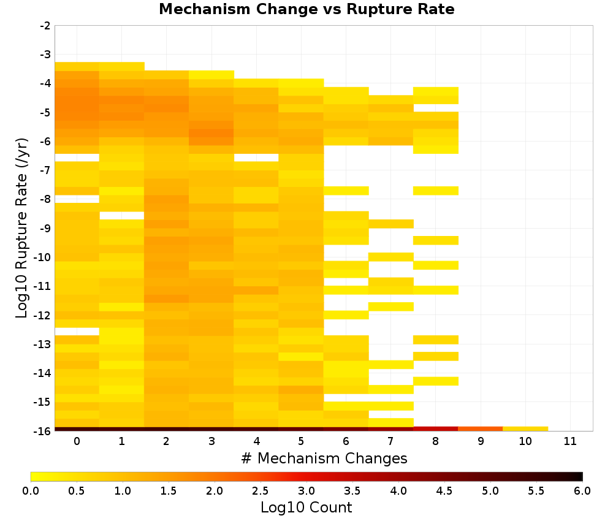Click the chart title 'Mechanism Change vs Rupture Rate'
pyautogui.click(x=306, y=9)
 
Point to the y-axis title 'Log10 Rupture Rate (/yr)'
pyautogui.click(x=21, y=228)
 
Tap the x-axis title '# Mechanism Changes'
pyautogui.click(x=324, y=458)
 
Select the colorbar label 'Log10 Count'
pyautogui.click(x=306, y=508)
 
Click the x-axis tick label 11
pyautogui.click(x=570, y=441)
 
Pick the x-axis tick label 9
pyautogui.click(x=481, y=441)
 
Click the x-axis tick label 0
pyautogui.click(x=77, y=441)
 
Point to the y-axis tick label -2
pyautogui.click(x=45, y=26)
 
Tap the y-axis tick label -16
pyautogui.click(x=43, y=431)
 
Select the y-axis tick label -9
pyautogui.click(x=45, y=228)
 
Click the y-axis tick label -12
pyautogui.click(x=43, y=315)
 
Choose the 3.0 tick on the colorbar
pyautogui.click(x=306, y=490)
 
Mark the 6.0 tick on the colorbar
pyautogui.click(x=582, y=490)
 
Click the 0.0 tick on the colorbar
pyautogui.click(x=31, y=490)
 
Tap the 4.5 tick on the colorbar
pyautogui.click(x=444, y=490)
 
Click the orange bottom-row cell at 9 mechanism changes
pyautogui.click(x=480, y=429)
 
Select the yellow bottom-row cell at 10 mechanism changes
pyautogui.click(x=525, y=429)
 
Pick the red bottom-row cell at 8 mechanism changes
pyautogui.click(x=435, y=429)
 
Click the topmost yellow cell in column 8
pyautogui.click(x=435, y=91)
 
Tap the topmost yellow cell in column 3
pyautogui.click(x=211, y=75)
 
